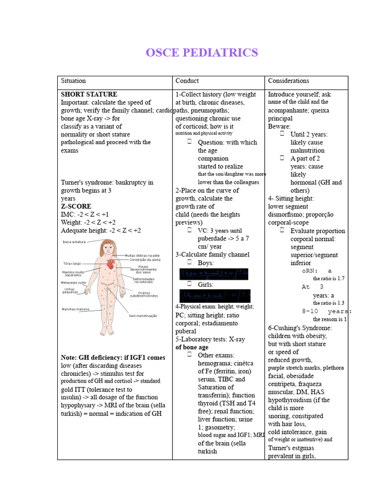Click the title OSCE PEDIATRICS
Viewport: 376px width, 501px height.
202,53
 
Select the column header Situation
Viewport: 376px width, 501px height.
73,81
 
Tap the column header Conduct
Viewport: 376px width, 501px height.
187,81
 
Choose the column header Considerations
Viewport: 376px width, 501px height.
288,81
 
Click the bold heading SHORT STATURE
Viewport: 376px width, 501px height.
89,94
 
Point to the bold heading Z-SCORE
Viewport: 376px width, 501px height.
76,206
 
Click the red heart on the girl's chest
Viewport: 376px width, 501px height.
111,265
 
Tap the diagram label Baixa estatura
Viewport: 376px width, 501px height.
74,242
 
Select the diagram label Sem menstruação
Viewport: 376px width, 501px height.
143,316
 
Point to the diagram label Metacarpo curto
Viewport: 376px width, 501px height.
73,282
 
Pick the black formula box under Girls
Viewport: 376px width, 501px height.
214,296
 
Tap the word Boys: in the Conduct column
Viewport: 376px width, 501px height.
206,263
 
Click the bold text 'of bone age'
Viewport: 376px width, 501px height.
192,347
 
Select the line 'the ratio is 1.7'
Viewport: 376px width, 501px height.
329,278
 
